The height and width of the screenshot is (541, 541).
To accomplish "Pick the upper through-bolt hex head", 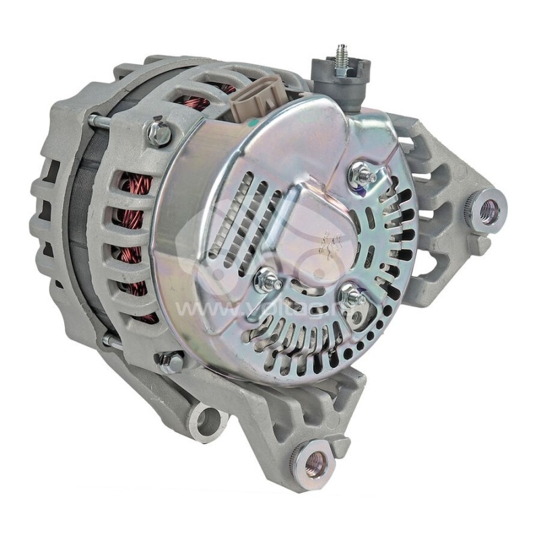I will point(160,131).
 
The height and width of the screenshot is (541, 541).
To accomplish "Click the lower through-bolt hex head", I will point(170,362).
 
